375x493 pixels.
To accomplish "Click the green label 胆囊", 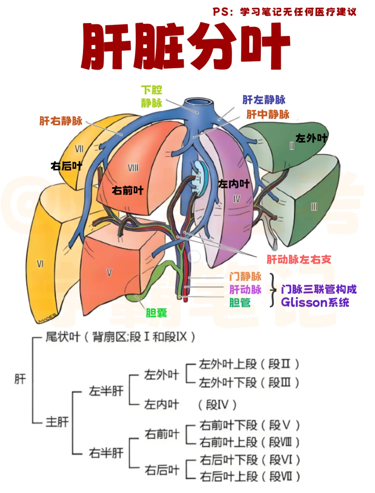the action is pyautogui.click(x=156, y=313).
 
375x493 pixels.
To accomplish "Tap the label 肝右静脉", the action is pyautogui.click(x=61, y=121).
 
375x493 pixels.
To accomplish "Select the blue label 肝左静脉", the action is pyautogui.click(x=264, y=100).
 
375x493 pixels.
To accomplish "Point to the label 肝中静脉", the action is pyautogui.click(x=268, y=114).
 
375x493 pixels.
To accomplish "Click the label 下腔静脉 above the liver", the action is pyautogui.click(x=151, y=97).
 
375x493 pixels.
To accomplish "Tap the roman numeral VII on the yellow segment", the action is pyautogui.click(x=79, y=149).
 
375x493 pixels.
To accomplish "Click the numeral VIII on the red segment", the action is pyautogui.click(x=133, y=168).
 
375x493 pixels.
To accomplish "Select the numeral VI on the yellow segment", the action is pyautogui.click(x=40, y=264).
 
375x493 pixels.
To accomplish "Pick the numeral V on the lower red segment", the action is pyautogui.click(x=109, y=273).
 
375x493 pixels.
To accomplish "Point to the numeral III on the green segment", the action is pyautogui.click(x=314, y=207).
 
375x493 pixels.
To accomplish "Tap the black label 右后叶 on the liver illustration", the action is pyautogui.click(x=66, y=166).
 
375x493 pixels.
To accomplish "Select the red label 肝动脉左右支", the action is pyautogui.click(x=299, y=259).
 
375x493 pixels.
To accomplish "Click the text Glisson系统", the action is pyautogui.click(x=315, y=302).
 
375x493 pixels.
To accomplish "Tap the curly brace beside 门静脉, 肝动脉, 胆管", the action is pyautogui.click(x=273, y=290).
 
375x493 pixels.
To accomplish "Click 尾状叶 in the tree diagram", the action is pyautogui.click(x=63, y=337).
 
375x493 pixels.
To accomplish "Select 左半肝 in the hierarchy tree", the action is pyautogui.click(x=106, y=391).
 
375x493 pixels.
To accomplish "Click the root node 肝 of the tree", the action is pyautogui.click(x=20, y=379).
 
